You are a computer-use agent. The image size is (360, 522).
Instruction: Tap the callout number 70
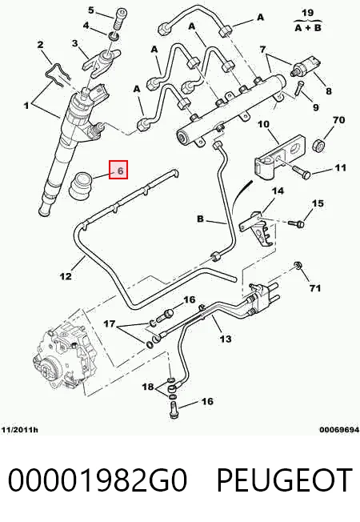[x=338, y=120]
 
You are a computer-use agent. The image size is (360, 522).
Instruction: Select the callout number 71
[x=314, y=288]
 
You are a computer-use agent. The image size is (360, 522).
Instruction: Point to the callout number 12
[x=66, y=276]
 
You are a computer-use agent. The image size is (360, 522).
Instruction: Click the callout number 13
[x=226, y=339]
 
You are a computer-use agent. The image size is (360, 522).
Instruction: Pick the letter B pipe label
[x=200, y=219]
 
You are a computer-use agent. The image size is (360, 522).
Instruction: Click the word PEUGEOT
[x=285, y=480]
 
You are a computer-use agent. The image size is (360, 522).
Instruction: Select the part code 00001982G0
[x=98, y=480]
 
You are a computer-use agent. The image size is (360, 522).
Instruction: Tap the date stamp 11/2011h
[x=20, y=430]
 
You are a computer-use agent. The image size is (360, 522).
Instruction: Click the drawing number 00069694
[x=339, y=430]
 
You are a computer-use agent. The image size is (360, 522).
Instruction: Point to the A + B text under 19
[x=308, y=28]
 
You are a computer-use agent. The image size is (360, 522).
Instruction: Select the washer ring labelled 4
[x=113, y=36]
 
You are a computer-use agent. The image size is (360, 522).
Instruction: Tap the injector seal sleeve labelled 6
[x=81, y=186]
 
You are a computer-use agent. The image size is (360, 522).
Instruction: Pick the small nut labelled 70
[x=318, y=145]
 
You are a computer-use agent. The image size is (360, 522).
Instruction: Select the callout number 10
[x=263, y=124]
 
